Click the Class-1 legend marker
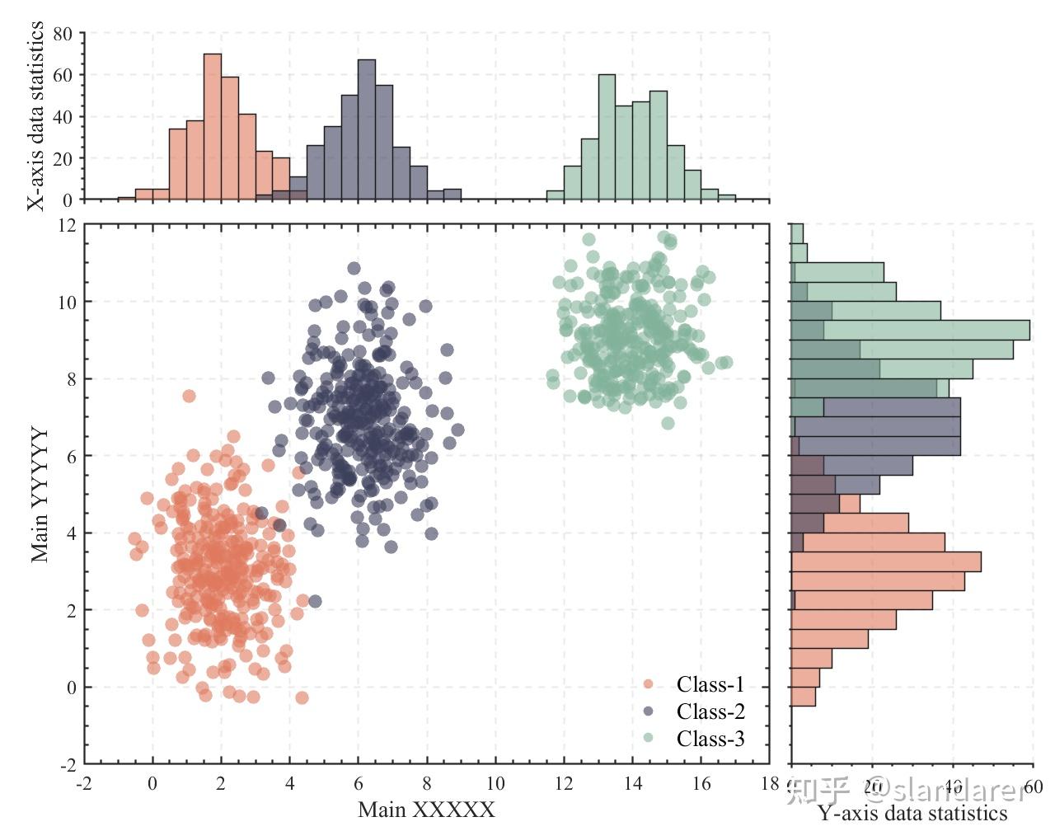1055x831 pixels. click(x=648, y=684)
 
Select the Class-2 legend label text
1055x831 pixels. click(x=710, y=711)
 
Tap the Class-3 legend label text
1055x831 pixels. click(x=710, y=739)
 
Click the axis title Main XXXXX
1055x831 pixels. click(x=426, y=810)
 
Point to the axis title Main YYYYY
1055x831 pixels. click(x=40, y=495)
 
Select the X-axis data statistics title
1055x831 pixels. click(x=35, y=116)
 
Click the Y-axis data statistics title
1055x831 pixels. click(x=912, y=814)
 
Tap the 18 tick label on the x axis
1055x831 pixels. click(x=770, y=783)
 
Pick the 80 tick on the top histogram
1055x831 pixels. click(x=63, y=34)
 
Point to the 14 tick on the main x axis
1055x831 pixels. click(x=632, y=783)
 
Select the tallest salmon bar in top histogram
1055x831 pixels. click(x=213, y=127)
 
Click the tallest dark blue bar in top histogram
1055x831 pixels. click(x=367, y=129)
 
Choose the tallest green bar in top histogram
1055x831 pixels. click(x=607, y=137)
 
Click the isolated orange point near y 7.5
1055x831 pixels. click(x=189, y=397)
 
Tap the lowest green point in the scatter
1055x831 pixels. click(x=668, y=423)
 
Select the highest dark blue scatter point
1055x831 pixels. click(x=354, y=268)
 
